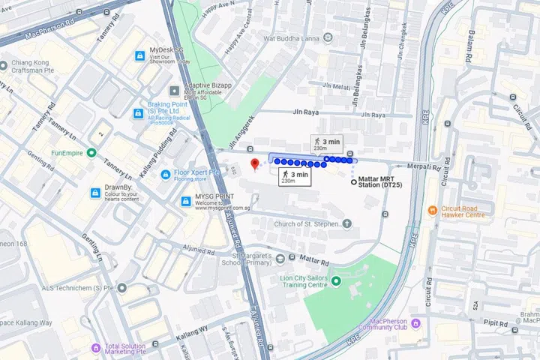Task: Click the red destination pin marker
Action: coord(254,163)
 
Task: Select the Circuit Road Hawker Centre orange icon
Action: coord(433,211)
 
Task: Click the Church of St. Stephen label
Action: coord(307,223)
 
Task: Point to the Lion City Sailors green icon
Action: coord(336,281)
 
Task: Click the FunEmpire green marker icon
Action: coord(91,152)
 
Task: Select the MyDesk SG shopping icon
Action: coord(139,56)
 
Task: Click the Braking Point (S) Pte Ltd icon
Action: coord(138,113)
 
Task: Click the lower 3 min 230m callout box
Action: coord(294,177)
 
